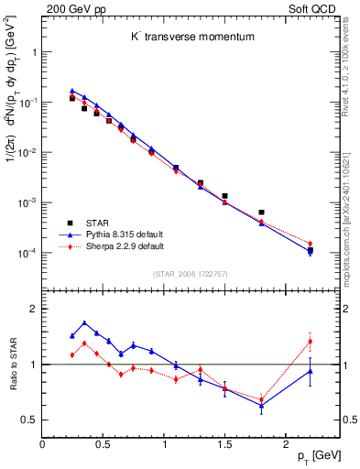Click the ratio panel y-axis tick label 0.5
point(28,420)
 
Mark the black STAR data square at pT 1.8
point(261,213)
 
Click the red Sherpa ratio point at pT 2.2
point(310,342)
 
